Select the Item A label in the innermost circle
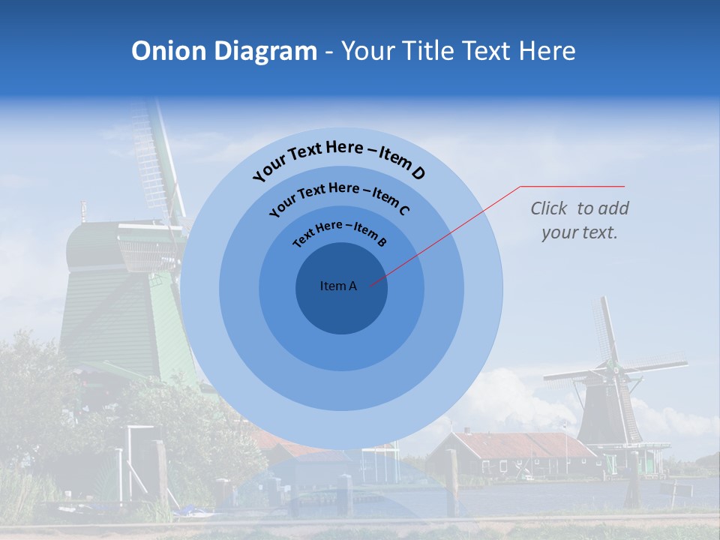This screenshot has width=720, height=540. [338, 286]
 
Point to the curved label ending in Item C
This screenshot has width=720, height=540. [339, 199]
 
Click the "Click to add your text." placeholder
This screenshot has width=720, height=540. [579, 220]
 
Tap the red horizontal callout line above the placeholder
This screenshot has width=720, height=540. [572, 186]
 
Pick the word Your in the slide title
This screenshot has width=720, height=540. [370, 51]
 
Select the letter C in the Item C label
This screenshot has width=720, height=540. [403, 209]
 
